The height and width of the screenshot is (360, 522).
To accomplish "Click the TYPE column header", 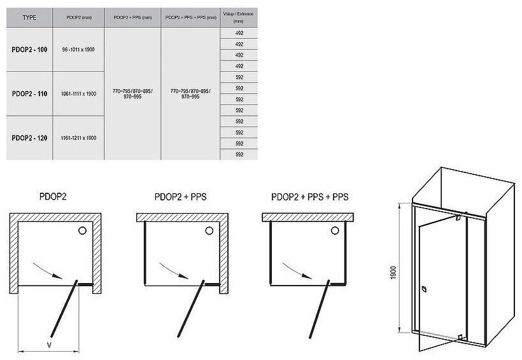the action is tap(29, 18).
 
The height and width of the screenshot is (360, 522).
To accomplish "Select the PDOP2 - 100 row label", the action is tap(29, 49).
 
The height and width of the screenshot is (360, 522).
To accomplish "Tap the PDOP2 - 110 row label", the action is tap(29, 93).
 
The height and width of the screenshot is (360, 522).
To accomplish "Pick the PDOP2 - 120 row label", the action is tap(29, 137).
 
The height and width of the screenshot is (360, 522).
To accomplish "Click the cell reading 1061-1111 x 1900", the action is tap(79, 93).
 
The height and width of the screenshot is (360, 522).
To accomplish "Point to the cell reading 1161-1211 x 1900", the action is tap(79, 137).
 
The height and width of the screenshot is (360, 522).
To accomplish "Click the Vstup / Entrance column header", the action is tap(239, 17).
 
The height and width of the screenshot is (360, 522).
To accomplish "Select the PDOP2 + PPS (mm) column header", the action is tap(132, 18).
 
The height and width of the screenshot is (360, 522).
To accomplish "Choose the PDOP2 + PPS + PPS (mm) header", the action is tap(190, 18).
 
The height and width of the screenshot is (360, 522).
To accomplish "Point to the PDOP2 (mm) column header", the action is tap(79, 18).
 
